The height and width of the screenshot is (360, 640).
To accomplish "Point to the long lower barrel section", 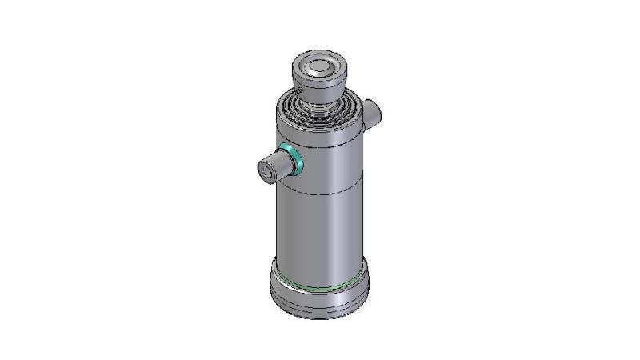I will coord(320,228).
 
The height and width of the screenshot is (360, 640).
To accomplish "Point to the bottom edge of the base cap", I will coord(320,317).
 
